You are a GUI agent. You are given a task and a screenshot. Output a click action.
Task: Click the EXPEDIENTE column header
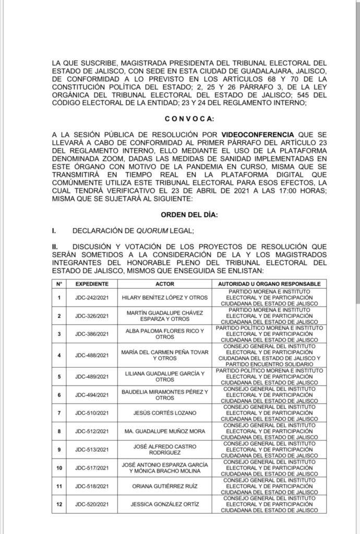pos(92,284)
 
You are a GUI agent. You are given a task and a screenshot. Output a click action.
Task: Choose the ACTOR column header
pos(165,284)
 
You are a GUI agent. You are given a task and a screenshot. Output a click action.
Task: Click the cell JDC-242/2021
pos(92,298)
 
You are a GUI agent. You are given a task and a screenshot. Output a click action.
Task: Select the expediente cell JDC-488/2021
pos(92,355)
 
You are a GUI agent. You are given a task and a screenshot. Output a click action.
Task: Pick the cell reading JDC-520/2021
pos(92,505)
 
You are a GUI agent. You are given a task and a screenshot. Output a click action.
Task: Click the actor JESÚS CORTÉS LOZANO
pos(165,412)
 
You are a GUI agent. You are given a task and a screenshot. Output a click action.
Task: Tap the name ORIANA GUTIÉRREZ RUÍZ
pos(165,487)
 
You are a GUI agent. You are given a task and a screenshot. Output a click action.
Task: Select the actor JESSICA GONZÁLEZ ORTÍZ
pos(165,505)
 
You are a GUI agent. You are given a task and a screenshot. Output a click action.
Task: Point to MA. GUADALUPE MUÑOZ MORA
pos(165,431)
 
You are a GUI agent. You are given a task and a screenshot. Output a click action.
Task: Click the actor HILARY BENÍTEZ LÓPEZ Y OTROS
pos(165,298)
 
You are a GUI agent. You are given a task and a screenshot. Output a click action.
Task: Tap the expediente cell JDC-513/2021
pos(92,450)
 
